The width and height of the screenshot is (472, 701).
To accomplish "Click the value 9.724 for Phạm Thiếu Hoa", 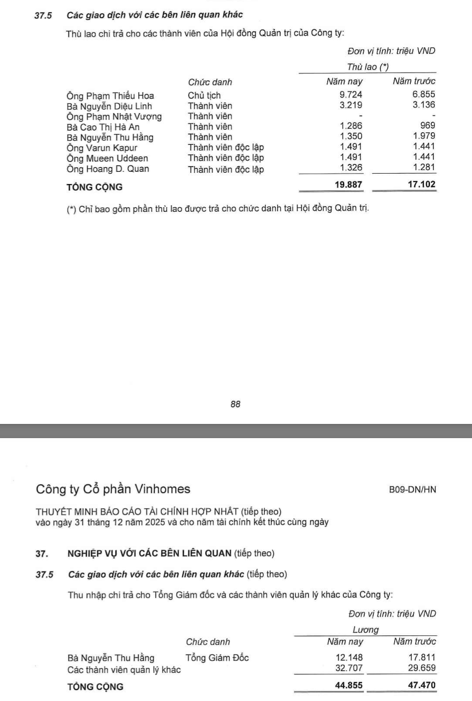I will click(x=351, y=94).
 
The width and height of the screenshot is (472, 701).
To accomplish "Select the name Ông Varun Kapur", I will click(x=102, y=148).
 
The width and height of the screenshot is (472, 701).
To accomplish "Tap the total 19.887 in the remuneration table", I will click(x=349, y=185).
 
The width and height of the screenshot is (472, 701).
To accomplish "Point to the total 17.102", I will click(x=421, y=185).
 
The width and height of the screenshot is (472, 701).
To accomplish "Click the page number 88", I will click(x=236, y=404).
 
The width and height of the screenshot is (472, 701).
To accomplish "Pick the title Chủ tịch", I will click(x=204, y=95).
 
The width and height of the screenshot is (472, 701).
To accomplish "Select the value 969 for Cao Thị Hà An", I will click(x=427, y=125).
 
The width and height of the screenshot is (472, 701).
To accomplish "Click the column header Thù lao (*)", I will click(x=368, y=67).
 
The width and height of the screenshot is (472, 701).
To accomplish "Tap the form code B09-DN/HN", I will click(x=412, y=490).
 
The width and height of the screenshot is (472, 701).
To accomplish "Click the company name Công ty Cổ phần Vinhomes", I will click(x=113, y=489).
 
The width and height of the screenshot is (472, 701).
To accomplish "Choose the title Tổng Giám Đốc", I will click(x=217, y=658).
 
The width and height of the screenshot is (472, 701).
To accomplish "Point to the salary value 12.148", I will click(x=349, y=657).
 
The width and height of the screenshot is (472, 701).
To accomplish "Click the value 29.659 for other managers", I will click(x=422, y=668).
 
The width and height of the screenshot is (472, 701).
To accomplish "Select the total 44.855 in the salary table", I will click(x=349, y=685).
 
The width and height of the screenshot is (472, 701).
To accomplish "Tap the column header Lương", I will click(x=365, y=630).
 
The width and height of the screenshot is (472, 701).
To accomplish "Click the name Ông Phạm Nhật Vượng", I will click(x=114, y=117).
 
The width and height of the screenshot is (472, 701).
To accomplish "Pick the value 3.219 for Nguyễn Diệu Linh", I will click(x=351, y=105).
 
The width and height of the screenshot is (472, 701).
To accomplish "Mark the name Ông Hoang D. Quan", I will click(x=108, y=169).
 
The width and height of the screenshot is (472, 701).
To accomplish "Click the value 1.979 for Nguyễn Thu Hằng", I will click(x=424, y=136).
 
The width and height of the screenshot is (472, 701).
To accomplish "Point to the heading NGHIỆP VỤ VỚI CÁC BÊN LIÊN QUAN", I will click(x=149, y=554).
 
